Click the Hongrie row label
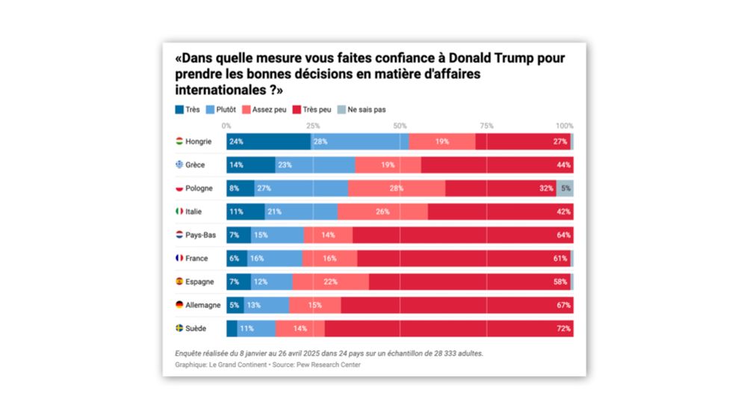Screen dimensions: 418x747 (198, 141)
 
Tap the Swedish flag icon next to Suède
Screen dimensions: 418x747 (179, 328)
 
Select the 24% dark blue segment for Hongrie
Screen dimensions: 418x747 (268, 141)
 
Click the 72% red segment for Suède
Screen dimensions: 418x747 (449, 328)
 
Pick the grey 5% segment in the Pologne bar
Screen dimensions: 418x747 (565, 188)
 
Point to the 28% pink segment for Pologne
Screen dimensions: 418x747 (397, 188)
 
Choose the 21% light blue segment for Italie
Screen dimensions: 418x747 (301, 212)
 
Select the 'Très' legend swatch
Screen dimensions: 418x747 (179, 110)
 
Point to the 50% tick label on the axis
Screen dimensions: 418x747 (400, 126)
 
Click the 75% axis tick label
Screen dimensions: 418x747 (486, 126)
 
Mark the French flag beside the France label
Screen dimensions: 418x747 (179, 258)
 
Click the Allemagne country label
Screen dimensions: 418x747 (203, 305)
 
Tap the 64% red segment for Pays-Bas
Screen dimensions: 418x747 (463, 235)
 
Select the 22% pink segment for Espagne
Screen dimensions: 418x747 (330, 282)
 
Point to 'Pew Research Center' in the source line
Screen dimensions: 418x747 (338, 365)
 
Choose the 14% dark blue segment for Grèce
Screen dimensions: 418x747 (251, 165)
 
